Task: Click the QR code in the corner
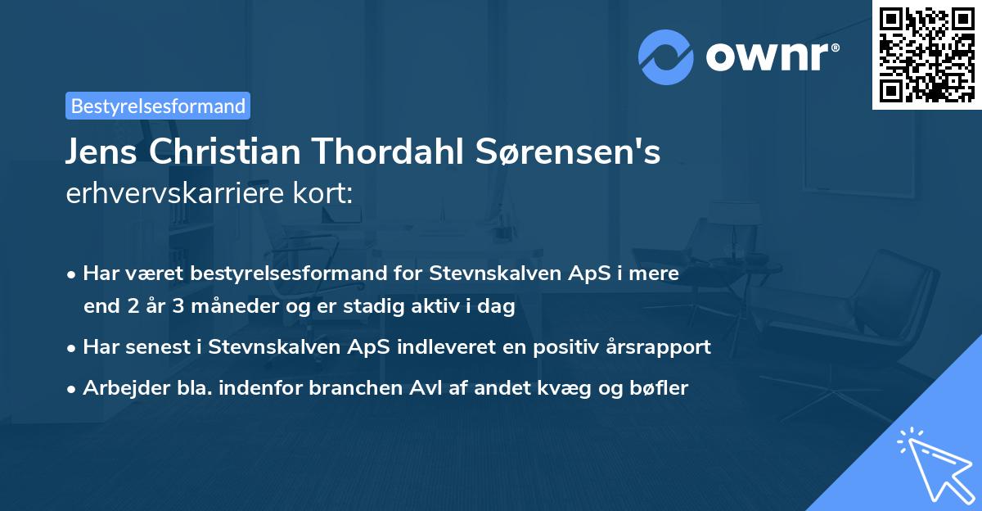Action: coord(926,55)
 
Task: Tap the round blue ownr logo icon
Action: coord(666,57)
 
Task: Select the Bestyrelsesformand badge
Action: coord(158,106)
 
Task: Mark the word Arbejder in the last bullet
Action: coord(119,388)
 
